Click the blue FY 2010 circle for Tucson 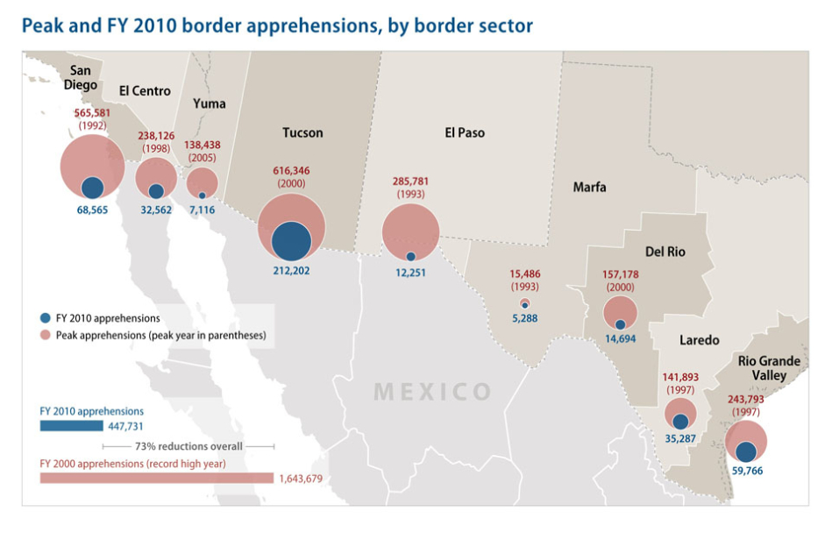291,240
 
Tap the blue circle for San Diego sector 93,187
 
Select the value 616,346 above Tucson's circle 290,170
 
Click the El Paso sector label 465,132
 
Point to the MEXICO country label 432,391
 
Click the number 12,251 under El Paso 410,272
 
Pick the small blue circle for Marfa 525,305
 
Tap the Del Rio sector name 665,252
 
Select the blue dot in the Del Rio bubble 620,324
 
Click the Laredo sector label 699,339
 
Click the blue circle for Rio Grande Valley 746,451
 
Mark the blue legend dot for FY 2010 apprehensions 45,318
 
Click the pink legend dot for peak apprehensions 45,335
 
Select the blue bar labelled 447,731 71,426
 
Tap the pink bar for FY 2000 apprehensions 156,478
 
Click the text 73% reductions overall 188,445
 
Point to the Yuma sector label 209,103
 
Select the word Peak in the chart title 41,25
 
